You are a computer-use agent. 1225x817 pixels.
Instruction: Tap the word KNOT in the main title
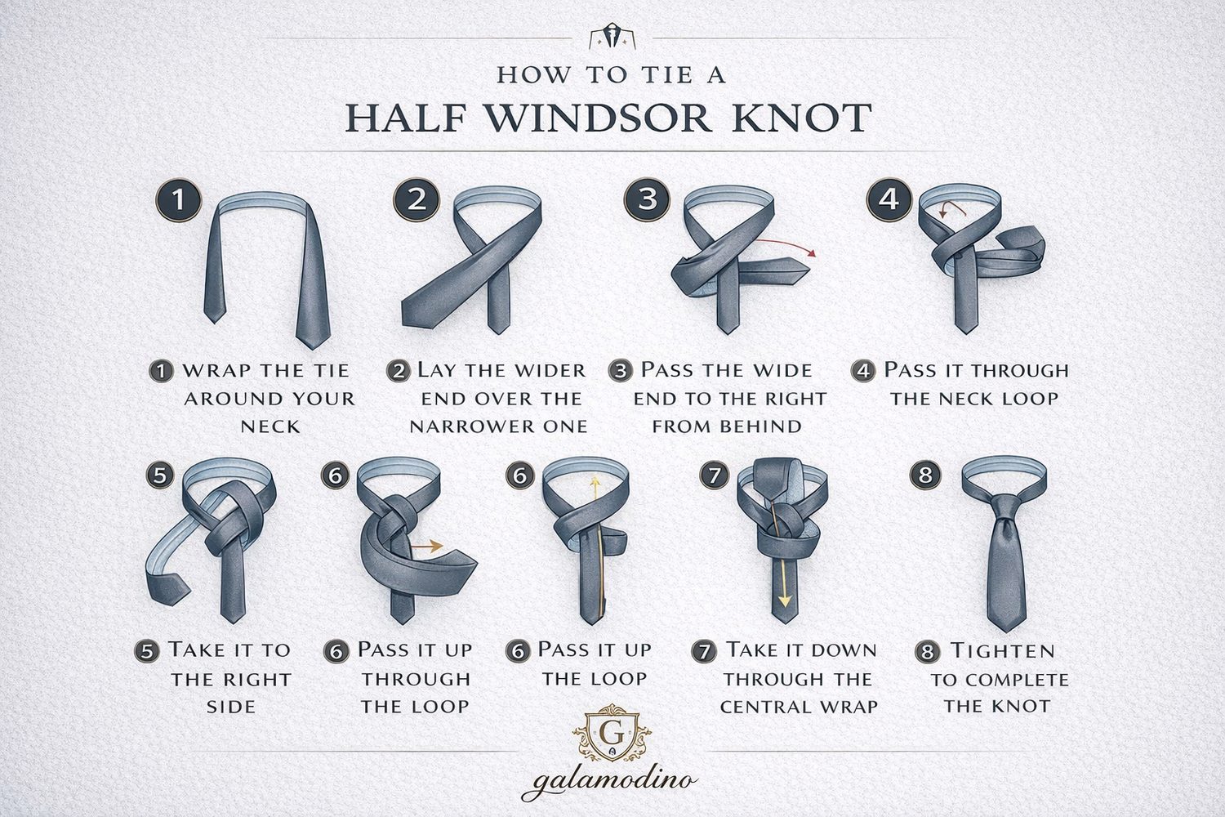tap(804, 118)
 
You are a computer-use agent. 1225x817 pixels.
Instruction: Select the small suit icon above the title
tap(604, 38)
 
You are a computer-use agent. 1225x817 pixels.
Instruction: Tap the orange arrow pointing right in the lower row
tap(426, 545)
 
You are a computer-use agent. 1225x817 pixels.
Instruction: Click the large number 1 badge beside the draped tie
tap(177, 200)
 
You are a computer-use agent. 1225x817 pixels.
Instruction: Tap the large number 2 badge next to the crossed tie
tap(416, 199)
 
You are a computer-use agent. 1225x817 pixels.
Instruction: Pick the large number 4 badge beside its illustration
tap(889, 199)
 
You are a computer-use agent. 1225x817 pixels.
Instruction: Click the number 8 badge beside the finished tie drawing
tap(924, 475)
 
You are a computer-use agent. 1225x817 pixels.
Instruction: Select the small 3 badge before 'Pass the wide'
tap(621, 371)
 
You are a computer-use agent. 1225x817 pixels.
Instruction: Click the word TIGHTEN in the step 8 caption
tap(1002, 651)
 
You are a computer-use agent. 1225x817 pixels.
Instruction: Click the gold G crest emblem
tap(611, 731)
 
